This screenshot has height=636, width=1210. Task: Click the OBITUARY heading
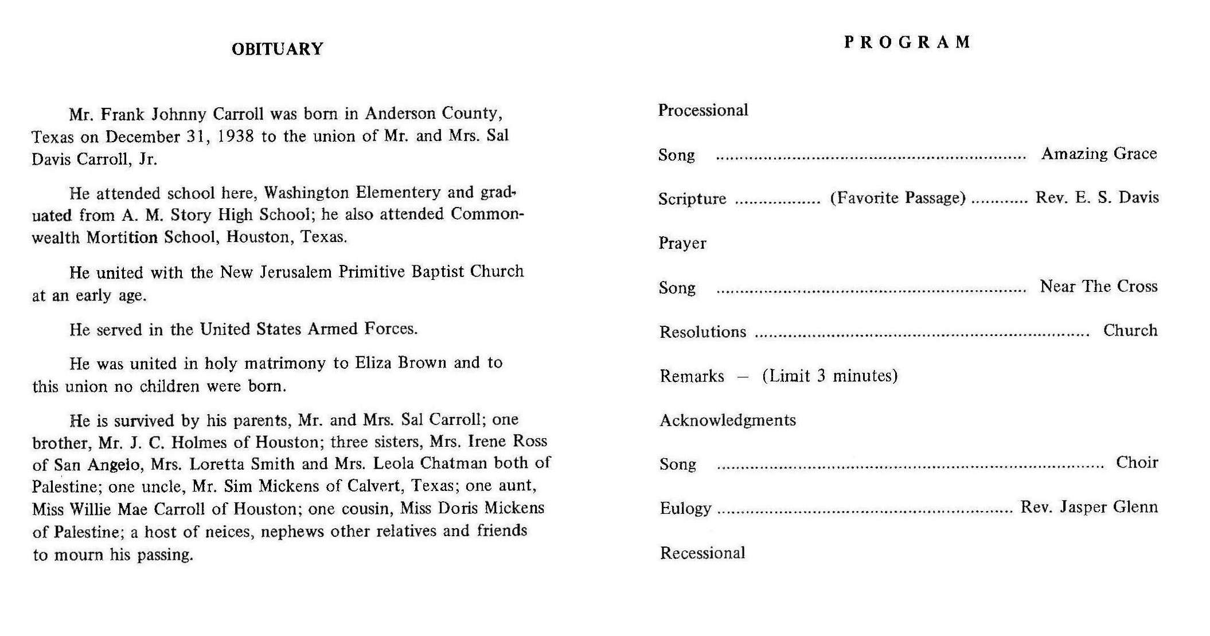click(x=277, y=49)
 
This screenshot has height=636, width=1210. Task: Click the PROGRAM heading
click(x=907, y=42)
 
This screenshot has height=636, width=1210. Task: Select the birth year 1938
click(x=236, y=136)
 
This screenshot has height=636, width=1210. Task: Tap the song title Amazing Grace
click(x=1099, y=154)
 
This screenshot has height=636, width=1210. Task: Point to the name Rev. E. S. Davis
click(x=1096, y=198)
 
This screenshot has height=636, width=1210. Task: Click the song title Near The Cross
click(x=1098, y=286)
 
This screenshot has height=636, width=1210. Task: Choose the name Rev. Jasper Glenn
click(x=1088, y=508)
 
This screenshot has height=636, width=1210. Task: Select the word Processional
click(x=702, y=110)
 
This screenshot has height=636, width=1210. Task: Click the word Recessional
click(x=702, y=553)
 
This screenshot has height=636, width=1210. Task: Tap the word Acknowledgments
click(x=727, y=420)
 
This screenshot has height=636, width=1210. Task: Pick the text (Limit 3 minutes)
click(x=829, y=376)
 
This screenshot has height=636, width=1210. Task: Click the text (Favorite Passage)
click(x=897, y=198)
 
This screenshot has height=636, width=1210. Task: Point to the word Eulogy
click(x=685, y=508)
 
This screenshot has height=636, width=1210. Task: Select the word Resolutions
click(x=702, y=331)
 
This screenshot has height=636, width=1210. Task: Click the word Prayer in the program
click(x=682, y=243)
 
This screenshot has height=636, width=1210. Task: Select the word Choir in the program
click(x=1137, y=463)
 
